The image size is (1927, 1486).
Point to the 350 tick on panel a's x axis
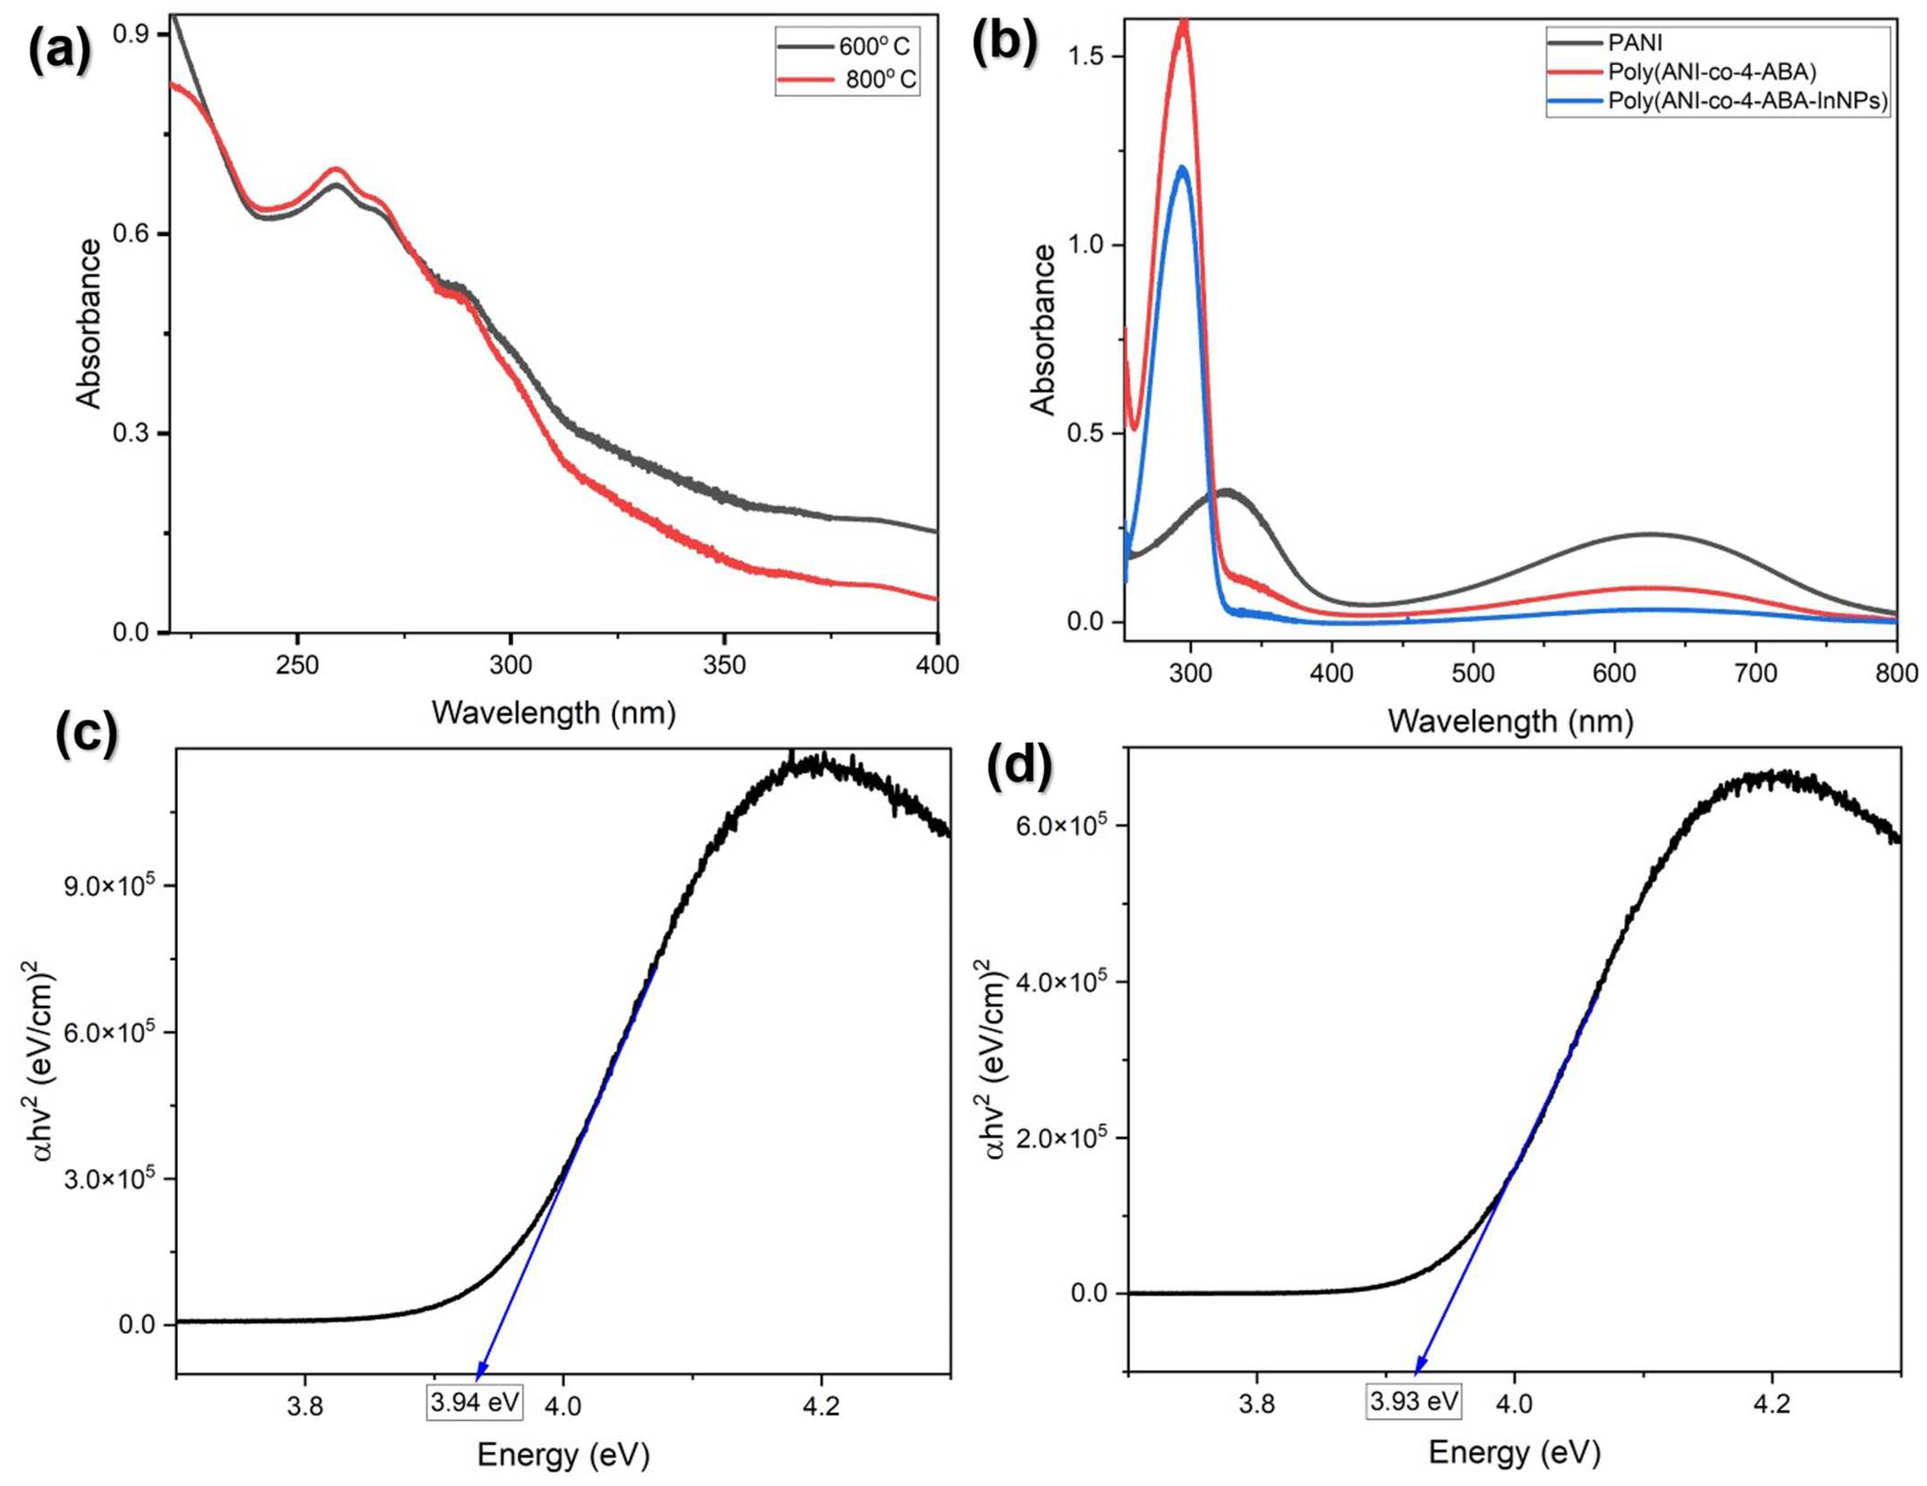pyautogui.click(x=724, y=665)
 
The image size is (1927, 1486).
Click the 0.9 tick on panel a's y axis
pyautogui.click(x=132, y=34)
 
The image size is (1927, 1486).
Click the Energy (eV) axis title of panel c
pyautogui.click(x=563, y=1454)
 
